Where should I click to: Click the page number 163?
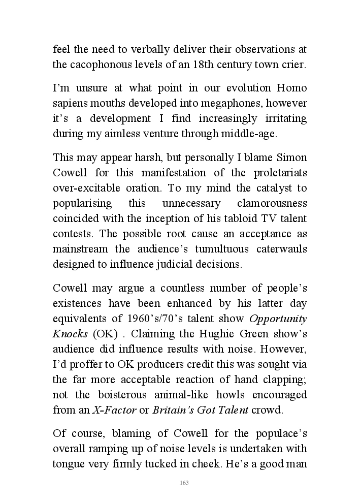pos(184,483)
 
